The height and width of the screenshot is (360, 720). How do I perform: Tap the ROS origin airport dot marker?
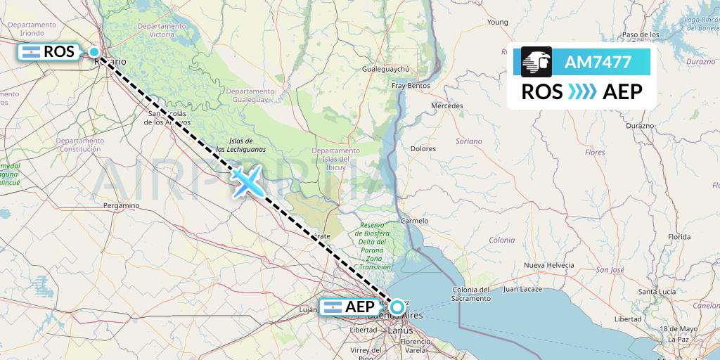[x=94, y=51]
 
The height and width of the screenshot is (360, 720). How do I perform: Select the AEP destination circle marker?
[x=397, y=307]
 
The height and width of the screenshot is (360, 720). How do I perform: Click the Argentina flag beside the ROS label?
[x=31, y=52]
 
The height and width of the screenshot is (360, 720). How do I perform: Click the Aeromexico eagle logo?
[x=536, y=62]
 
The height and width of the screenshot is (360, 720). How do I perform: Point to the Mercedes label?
[x=447, y=105]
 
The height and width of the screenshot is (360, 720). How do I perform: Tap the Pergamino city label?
[x=120, y=205]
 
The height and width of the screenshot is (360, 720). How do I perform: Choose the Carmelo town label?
[x=414, y=221]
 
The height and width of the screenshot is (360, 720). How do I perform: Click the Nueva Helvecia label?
[x=549, y=264]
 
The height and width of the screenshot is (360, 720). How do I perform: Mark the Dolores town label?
[x=423, y=149]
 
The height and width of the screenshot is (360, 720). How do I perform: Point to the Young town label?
[x=497, y=22]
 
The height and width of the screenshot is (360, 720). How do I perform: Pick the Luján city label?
[x=309, y=309]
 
